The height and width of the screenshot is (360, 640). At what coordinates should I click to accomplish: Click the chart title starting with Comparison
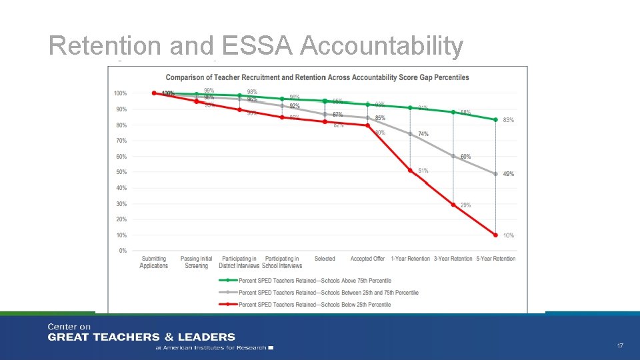pos(317,77)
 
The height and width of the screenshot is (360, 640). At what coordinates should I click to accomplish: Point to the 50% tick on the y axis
pos(122,172)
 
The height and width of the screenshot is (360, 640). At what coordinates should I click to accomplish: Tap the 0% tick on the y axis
pos(123,251)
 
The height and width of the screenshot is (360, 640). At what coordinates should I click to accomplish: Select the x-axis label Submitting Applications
pos(154,262)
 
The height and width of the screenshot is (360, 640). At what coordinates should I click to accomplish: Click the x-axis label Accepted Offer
pos(367,259)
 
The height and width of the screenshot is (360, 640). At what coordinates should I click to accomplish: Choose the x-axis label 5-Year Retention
pos(495,259)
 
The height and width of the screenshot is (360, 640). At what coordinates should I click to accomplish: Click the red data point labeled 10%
pos(495,235)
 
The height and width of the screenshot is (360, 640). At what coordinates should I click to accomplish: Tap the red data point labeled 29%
pos(453,205)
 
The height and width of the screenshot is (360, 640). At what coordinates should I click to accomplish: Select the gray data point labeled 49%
pos(495,173)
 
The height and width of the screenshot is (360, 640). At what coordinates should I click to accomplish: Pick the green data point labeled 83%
pos(495,120)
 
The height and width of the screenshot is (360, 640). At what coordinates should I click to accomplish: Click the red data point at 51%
pos(410,171)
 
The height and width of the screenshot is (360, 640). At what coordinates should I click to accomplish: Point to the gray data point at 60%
pos(453,156)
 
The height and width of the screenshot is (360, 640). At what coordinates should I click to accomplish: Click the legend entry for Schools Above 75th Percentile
pos(315,281)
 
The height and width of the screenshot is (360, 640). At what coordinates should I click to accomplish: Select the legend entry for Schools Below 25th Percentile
pos(315,304)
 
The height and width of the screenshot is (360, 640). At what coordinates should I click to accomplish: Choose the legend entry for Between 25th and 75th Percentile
pos(328,292)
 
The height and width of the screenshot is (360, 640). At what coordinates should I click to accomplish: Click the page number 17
pos(620,346)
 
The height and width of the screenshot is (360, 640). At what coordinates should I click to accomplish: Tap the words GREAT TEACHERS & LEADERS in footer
pos(141,337)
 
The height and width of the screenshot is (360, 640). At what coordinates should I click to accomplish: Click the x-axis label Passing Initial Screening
pos(197,262)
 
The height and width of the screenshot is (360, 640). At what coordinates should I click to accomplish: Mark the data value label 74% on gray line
pos(423,134)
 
